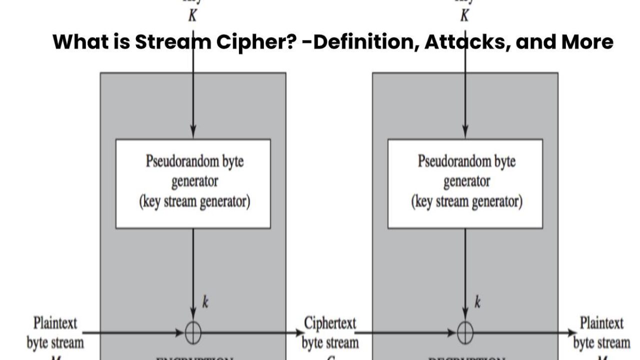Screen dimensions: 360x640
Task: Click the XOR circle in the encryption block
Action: (x=193, y=332)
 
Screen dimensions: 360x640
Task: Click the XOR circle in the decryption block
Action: (x=465, y=332)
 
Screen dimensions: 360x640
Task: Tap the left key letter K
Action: (x=192, y=16)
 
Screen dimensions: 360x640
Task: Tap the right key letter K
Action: (x=464, y=16)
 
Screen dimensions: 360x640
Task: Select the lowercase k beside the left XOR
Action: (x=205, y=302)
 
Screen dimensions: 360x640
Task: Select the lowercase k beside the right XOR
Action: (x=477, y=302)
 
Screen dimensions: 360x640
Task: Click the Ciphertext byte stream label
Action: (x=330, y=333)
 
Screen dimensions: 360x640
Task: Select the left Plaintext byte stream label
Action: (x=55, y=332)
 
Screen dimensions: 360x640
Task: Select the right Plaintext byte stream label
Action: (x=601, y=332)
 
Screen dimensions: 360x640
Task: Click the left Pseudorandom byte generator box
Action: (x=193, y=183)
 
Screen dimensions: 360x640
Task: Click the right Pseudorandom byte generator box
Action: (x=465, y=183)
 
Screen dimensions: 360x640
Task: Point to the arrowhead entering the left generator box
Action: (x=193, y=134)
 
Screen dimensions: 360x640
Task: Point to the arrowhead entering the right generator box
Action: (x=465, y=134)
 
